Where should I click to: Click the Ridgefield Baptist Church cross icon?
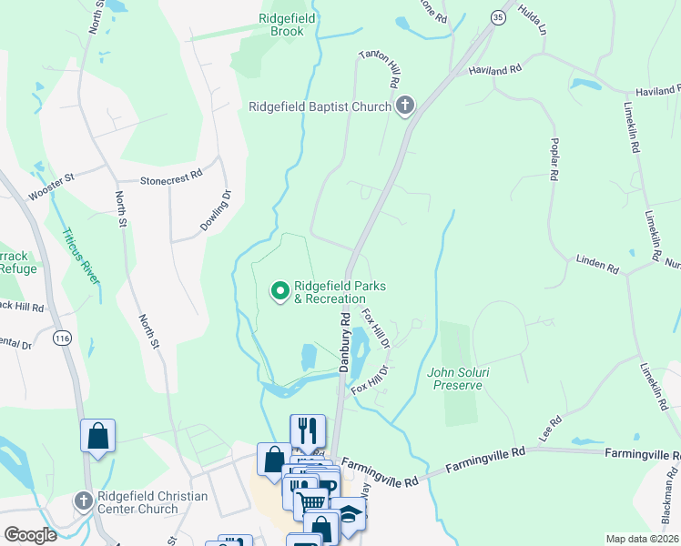(405, 106)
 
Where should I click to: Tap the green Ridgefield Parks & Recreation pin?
(280, 291)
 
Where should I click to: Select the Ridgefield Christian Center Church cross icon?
(83, 501)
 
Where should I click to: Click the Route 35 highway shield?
(497, 16)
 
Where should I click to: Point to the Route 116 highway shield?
(62, 339)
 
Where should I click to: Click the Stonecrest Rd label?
(170, 181)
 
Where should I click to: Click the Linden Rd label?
(597, 265)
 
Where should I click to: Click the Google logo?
(30, 535)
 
